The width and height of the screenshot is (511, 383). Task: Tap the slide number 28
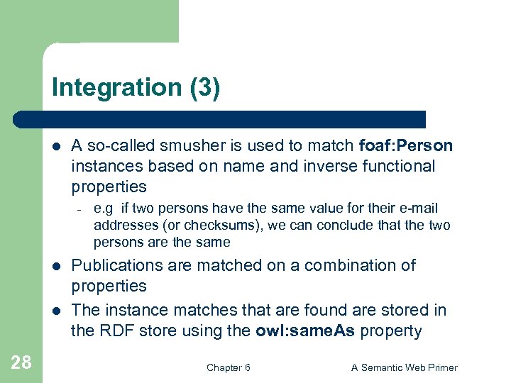[x=21, y=363]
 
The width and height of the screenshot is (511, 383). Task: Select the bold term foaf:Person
[x=406, y=145]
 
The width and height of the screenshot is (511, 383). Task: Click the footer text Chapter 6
[x=228, y=367]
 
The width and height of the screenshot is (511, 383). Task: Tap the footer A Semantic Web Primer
[x=405, y=367]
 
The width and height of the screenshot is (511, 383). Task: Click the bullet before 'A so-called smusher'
[x=57, y=147]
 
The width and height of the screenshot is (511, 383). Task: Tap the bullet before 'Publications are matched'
[x=57, y=267]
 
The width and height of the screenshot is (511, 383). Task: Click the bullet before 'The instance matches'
[x=57, y=311]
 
